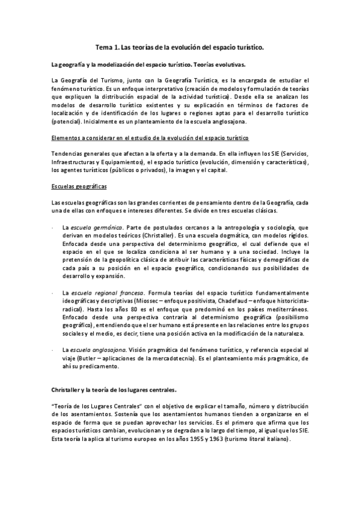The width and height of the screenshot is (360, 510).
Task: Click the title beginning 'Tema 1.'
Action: [x=180, y=46]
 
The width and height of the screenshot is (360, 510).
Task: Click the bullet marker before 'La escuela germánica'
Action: [x=55, y=228]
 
